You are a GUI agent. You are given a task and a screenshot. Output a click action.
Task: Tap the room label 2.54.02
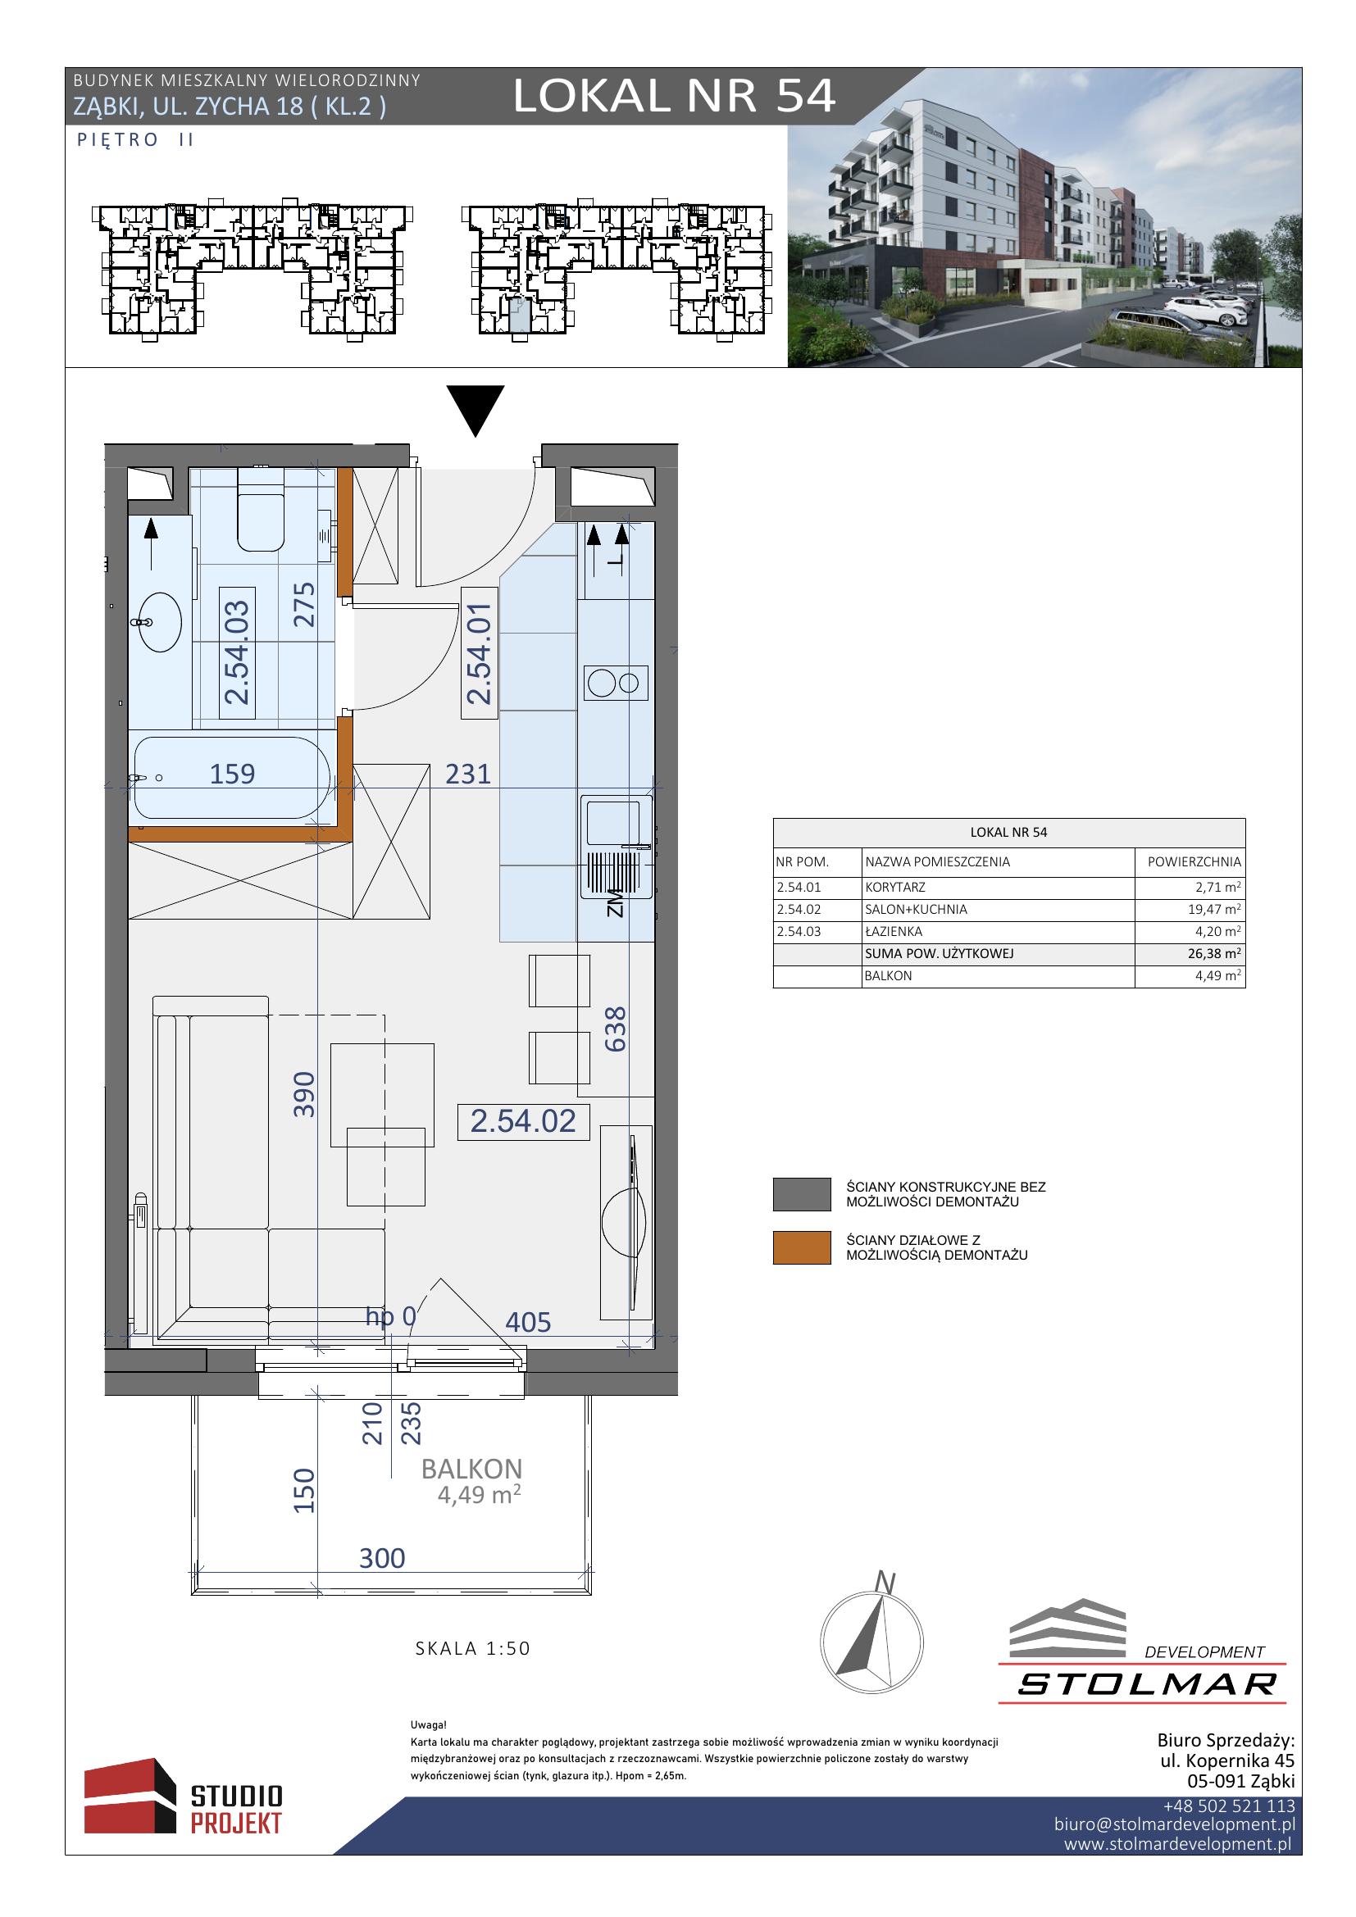(524, 1121)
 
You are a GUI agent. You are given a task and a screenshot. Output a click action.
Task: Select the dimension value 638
(616, 1029)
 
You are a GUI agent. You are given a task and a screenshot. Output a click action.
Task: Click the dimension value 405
(528, 1323)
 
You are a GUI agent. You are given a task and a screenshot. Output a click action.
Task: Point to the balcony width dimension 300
(382, 1558)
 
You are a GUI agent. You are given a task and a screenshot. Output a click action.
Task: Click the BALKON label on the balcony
(471, 1469)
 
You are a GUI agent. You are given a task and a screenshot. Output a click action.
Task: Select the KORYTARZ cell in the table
(895, 888)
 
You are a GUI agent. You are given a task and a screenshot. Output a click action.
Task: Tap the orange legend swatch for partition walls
(802, 1248)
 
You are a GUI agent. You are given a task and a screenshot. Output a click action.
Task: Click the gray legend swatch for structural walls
(802, 1195)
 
